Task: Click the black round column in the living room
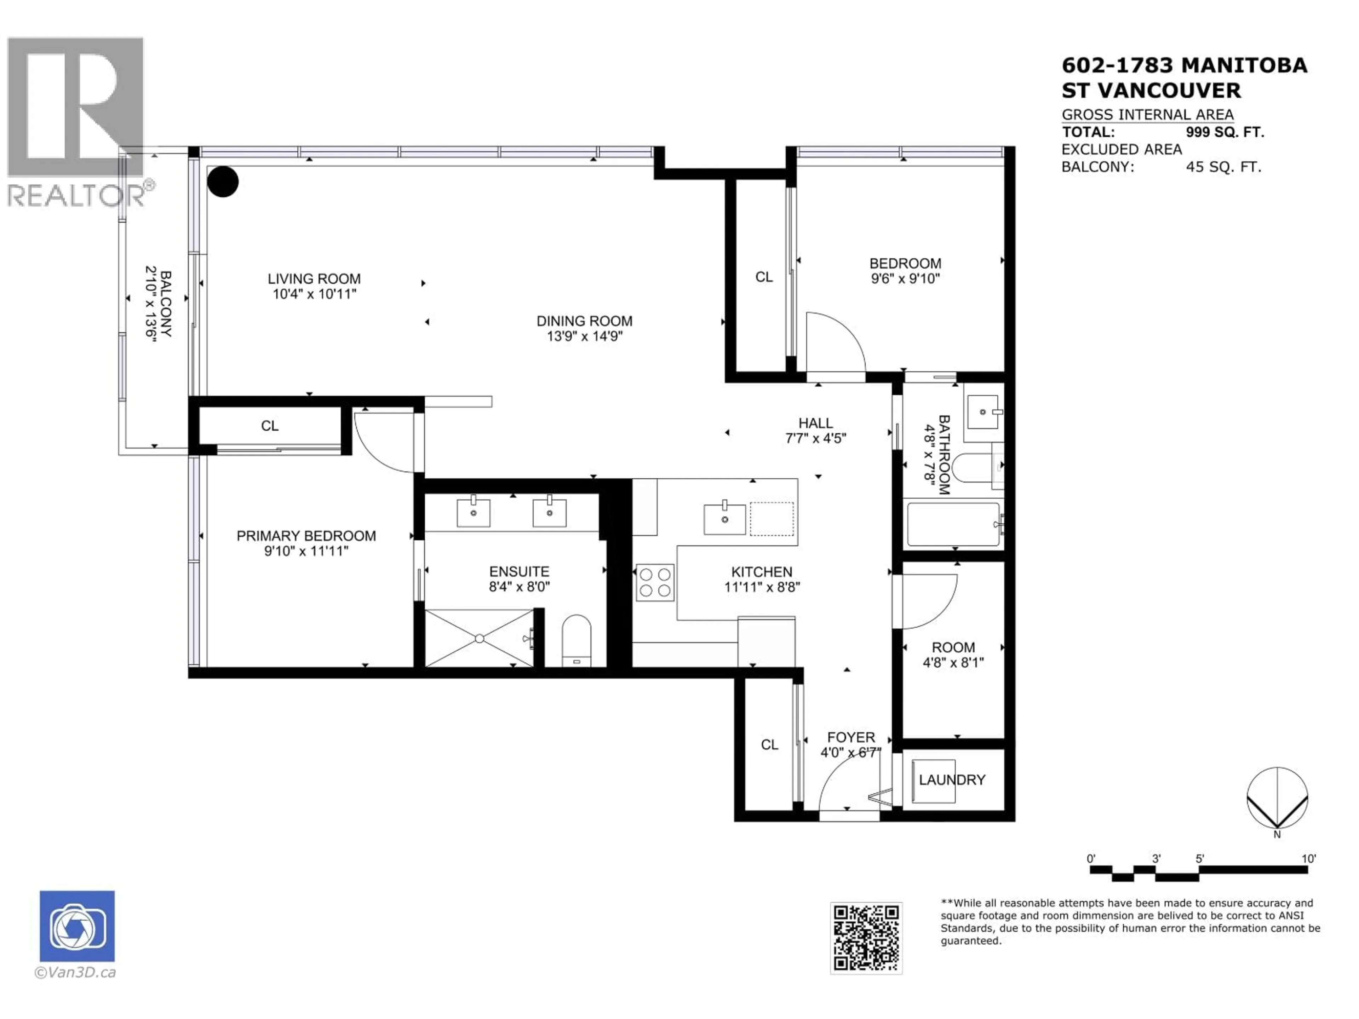pos(222,182)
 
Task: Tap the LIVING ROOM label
pos(314,279)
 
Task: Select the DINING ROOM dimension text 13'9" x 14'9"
pos(584,336)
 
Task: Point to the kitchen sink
pos(725,519)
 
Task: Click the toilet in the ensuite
pos(576,641)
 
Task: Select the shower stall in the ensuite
pos(479,638)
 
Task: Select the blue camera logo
pos(77,926)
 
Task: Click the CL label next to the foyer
pos(769,744)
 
